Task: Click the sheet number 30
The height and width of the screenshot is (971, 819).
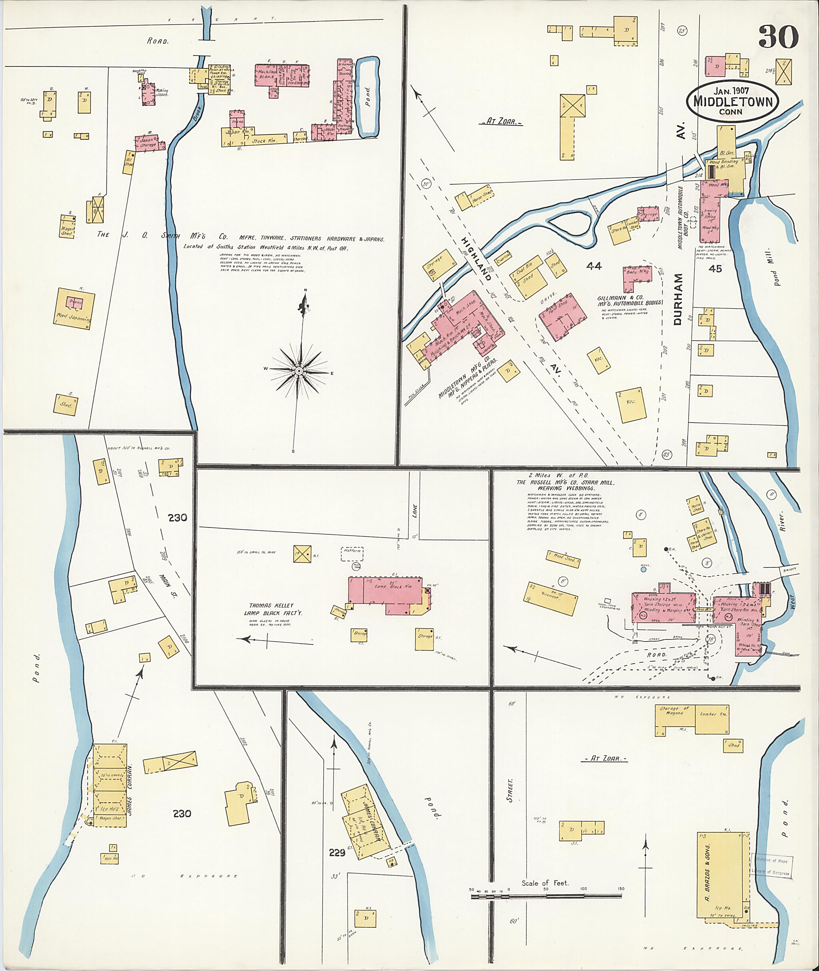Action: click(x=779, y=37)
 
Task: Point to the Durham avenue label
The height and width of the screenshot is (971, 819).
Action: click(x=678, y=299)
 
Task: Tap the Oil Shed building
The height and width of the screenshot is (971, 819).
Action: click(x=129, y=162)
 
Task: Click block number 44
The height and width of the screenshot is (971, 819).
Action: click(x=593, y=266)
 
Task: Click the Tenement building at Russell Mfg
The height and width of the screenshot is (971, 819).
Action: click(x=551, y=597)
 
